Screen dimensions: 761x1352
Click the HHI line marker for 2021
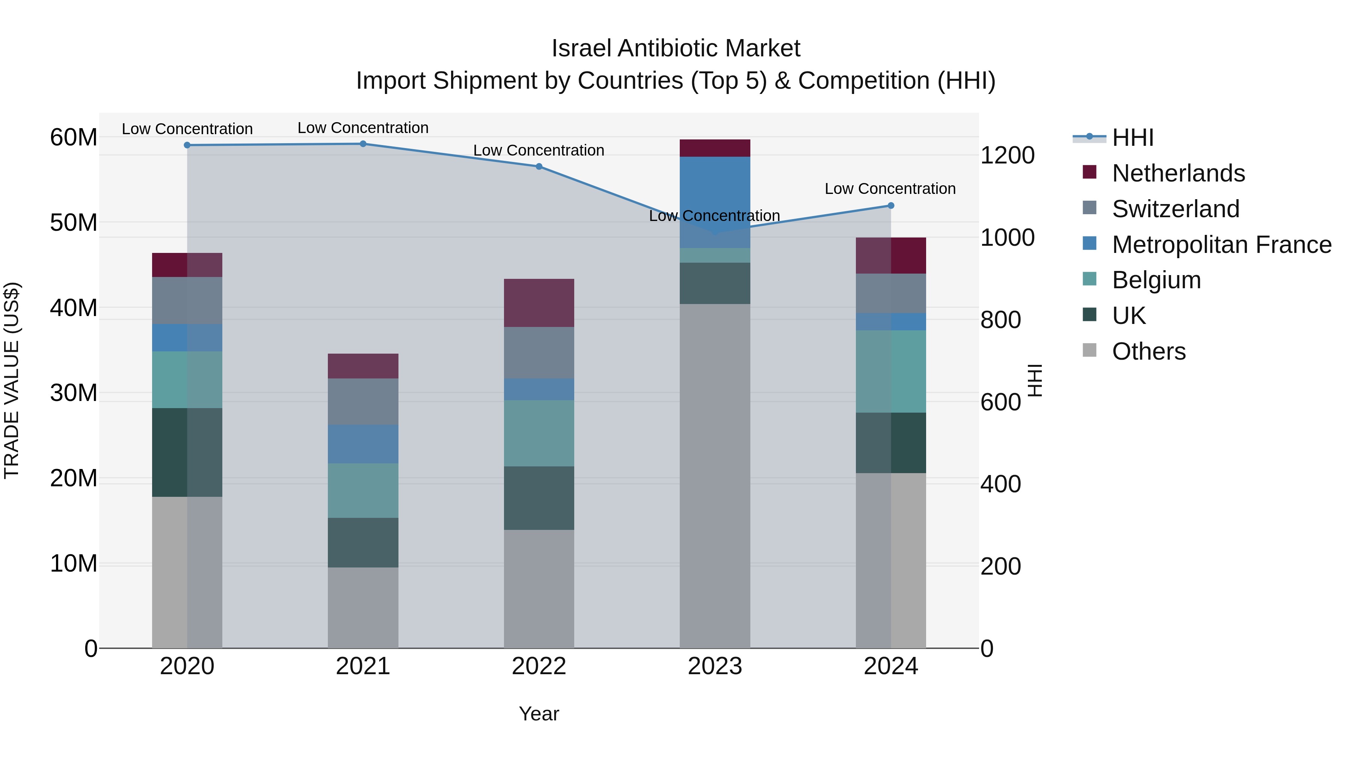point(363,144)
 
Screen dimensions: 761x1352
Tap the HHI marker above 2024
point(891,206)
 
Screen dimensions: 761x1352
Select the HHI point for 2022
point(539,166)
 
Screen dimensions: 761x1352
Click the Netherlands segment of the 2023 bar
point(715,148)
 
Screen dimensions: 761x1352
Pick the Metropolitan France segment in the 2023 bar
point(715,202)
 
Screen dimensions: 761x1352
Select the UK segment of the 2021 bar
point(363,543)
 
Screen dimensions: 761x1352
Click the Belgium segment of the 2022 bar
point(539,433)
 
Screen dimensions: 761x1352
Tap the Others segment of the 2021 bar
point(363,608)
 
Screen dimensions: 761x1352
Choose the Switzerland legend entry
point(1175,209)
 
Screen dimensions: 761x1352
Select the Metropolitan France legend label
point(1221,245)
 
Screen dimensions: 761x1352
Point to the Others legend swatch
point(1089,350)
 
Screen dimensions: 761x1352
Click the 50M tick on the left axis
point(74,223)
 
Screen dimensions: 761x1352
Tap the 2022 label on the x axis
point(539,666)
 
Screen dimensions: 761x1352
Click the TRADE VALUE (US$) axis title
point(12,381)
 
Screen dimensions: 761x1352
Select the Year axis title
point(539,714)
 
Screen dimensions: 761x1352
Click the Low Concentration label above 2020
point(187,129)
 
